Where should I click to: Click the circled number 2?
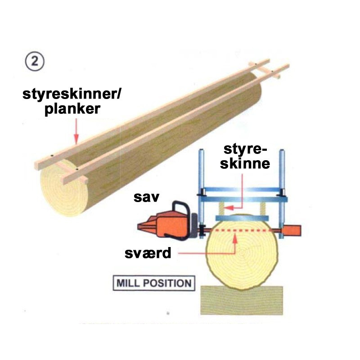[35, 62]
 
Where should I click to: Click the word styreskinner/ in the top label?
[72, 94]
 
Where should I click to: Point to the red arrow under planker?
[76, 131]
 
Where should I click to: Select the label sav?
[146, 198]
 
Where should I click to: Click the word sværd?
[148, 253]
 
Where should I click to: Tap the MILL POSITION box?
[154, 283]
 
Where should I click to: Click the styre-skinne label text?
[245, 157]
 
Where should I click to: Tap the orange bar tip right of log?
[292, 230]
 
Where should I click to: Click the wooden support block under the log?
[242, 300]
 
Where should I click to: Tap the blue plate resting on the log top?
[242, 218]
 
